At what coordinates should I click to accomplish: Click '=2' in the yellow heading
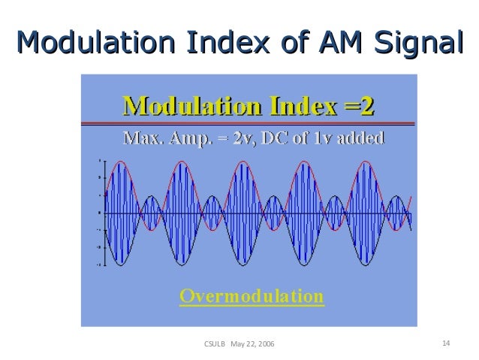357,107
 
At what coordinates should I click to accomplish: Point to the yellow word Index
297,107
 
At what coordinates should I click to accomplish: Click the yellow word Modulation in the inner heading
188,107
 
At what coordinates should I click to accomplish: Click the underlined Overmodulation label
252,296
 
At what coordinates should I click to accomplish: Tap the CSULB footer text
215,344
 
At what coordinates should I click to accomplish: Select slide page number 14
446,343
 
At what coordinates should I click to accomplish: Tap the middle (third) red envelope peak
241,163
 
